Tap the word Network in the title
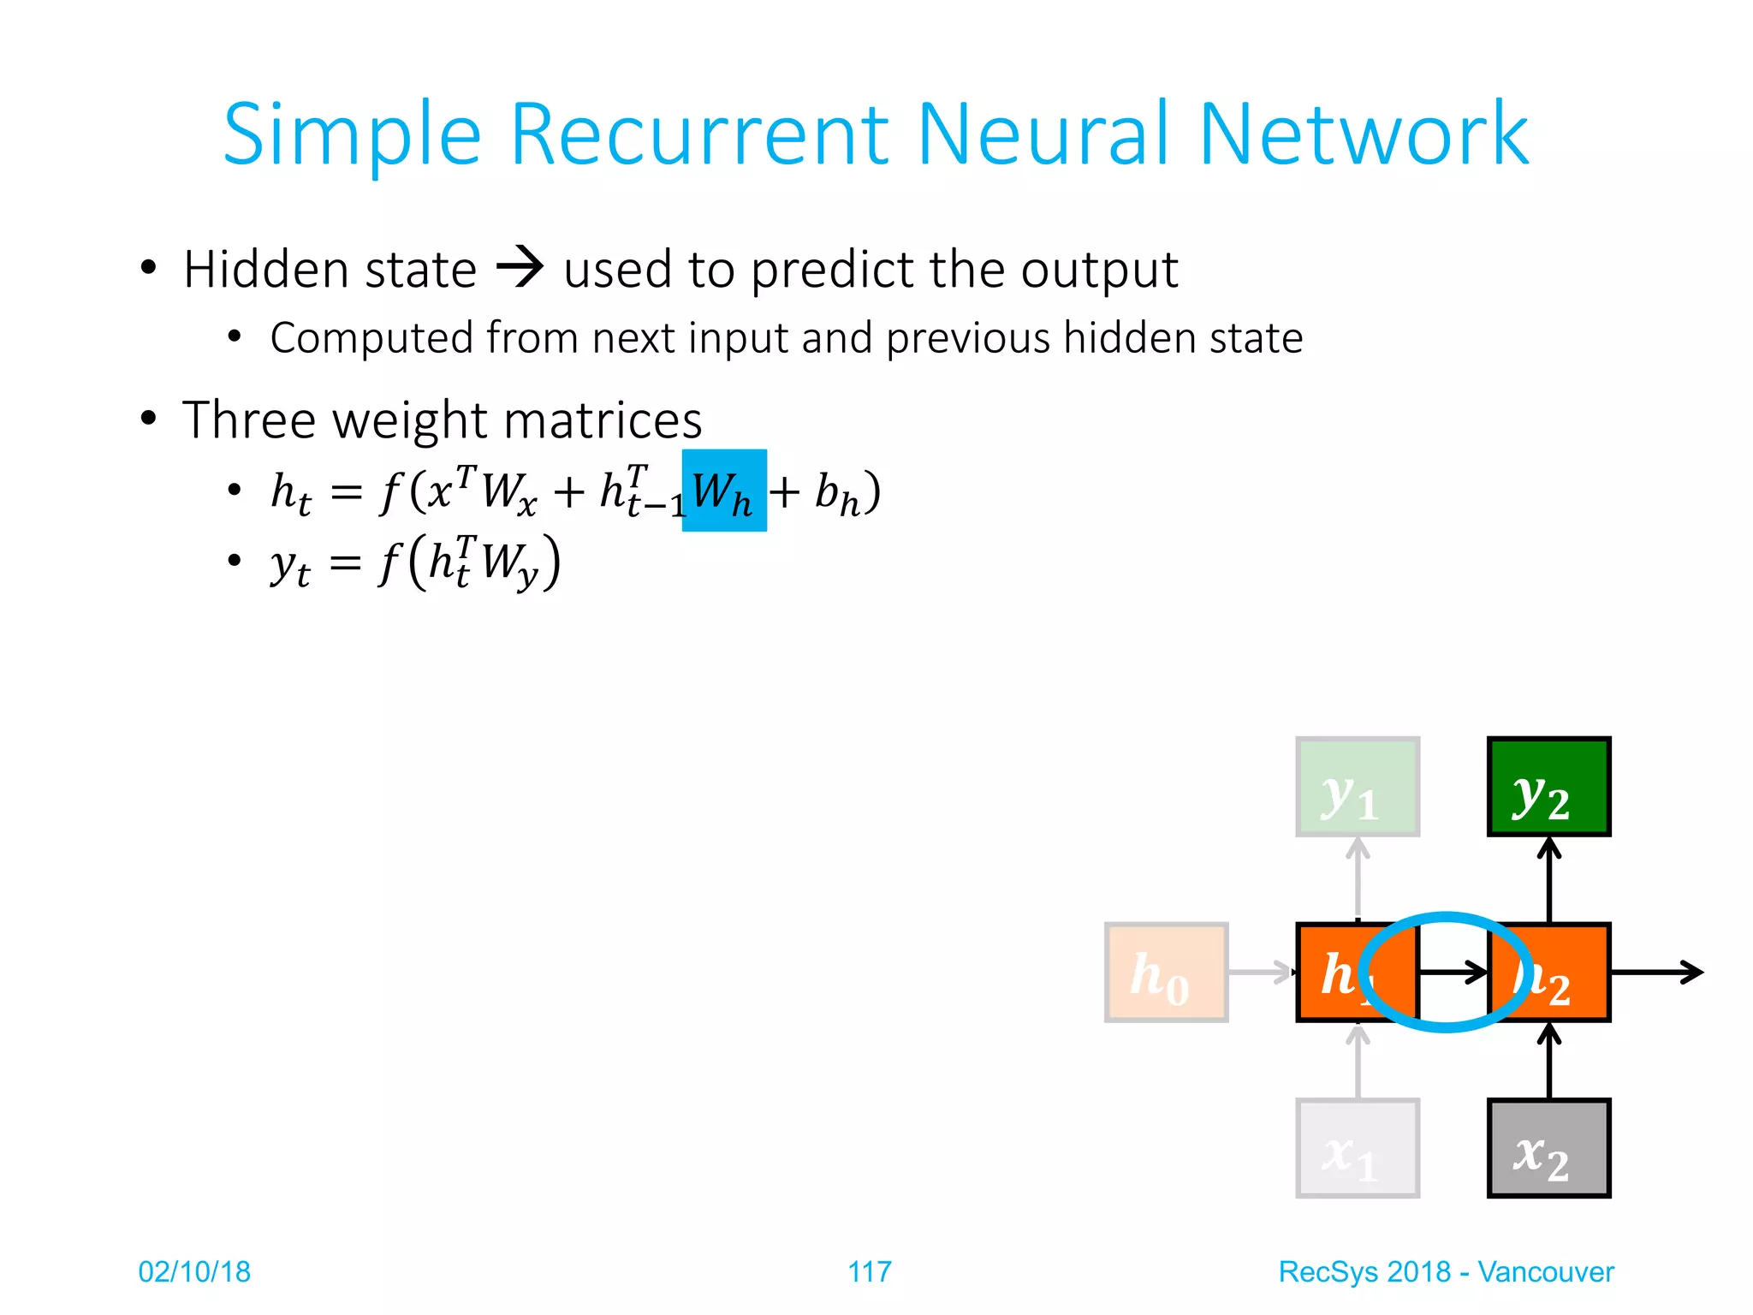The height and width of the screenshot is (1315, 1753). pos(1363,134)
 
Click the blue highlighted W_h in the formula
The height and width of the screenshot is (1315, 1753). pos(723,491)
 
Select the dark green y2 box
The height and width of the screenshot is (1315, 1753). pos(1548,786)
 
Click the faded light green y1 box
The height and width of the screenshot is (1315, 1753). pos(1357,786)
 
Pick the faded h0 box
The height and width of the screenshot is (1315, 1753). pos(1166,972)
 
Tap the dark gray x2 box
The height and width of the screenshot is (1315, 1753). pos(1548,1148)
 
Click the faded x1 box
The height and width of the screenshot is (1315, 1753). pos(1357,1148)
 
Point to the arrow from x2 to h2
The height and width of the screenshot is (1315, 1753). pos(1548,1062)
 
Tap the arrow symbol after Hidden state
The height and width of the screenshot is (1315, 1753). pos(520,267)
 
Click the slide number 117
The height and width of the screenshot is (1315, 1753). pos(869,1271)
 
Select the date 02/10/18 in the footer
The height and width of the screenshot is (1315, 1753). pos(194,1271)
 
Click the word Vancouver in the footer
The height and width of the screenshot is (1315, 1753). pos(1545,1271)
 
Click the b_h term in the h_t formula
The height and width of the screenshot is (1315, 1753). pos(836,494)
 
